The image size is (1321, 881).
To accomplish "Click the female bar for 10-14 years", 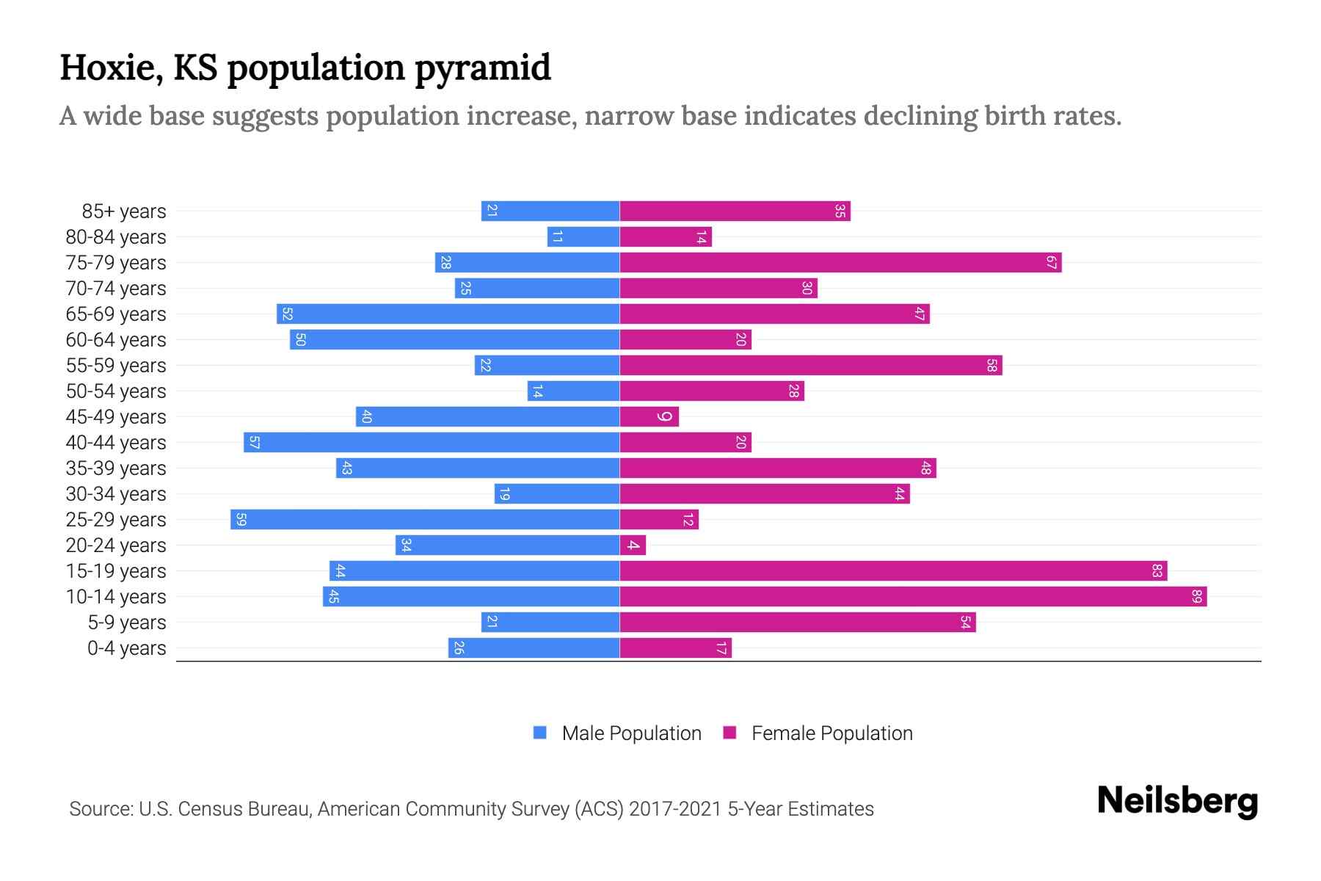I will click(x=913, y=597).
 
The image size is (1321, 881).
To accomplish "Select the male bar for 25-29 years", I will click(x=425, y=520).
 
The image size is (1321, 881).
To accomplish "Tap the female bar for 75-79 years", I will click(x=840, y=263).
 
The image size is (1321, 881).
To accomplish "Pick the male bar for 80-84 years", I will click(x=583, y=237).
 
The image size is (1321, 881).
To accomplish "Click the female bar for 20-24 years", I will click(x=633, y=545).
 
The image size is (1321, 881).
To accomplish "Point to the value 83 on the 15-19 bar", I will click(x=1157, y=571).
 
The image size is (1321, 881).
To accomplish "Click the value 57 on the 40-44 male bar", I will click(x=254, y=443).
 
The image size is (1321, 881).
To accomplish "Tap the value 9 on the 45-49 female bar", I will click(x=664, y=417).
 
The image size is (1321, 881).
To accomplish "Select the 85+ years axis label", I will click(x=124, y=211).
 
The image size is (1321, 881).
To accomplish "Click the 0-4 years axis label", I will click(x=126, y=648).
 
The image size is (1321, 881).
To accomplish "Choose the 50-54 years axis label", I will click(x=116, y=391).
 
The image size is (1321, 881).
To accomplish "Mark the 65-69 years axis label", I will click(x=116, y=314).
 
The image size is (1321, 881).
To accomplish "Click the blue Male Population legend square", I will click(x=540, y=733).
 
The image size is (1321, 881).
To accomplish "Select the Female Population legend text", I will click(x=831, y=733).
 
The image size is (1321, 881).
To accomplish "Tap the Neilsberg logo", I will click(x=1177, y=801).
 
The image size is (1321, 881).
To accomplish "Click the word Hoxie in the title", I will click(x=110, y=68).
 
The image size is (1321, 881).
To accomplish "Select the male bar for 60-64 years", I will click(x=455, y=340).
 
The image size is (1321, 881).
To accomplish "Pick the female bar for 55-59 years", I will click(x=811, y=366).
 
